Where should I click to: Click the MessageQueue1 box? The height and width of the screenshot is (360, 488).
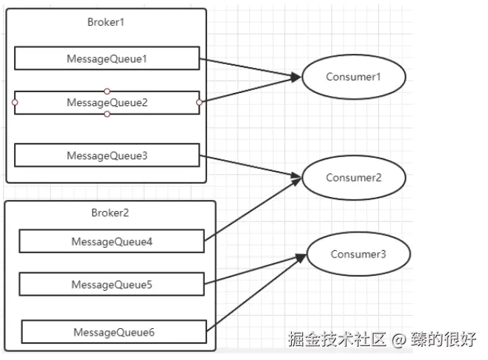tap(107, 58)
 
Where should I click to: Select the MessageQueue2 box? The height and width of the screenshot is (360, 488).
tap(107, 103)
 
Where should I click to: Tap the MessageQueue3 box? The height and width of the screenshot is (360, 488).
tap(107, 156)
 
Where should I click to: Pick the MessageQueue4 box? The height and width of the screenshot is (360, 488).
tap(111, 241)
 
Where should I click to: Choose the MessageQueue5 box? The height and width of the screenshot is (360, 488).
tap(111, 284)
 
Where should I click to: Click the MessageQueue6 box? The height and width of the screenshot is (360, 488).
tap(114, 332)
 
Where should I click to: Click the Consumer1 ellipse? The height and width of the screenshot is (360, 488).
tap(353, 77)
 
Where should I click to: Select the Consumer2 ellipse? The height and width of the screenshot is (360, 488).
tap(353, 178)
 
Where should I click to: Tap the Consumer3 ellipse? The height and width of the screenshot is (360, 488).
tap(358, 255)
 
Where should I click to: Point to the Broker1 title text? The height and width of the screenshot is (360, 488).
tap(106, 21)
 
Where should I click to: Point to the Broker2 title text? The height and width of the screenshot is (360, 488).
tap(110, 213)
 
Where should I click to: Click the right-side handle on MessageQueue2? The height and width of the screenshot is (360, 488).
tap(200, 103)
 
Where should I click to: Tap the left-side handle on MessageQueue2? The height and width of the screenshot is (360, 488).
tap(14, 103)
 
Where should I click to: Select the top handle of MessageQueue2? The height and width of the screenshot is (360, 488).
tap(107, 91)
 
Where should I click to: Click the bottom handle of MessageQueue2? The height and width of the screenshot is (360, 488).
tap(107, 114)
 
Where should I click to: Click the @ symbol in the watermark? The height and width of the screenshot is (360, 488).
tap(399, 339)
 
